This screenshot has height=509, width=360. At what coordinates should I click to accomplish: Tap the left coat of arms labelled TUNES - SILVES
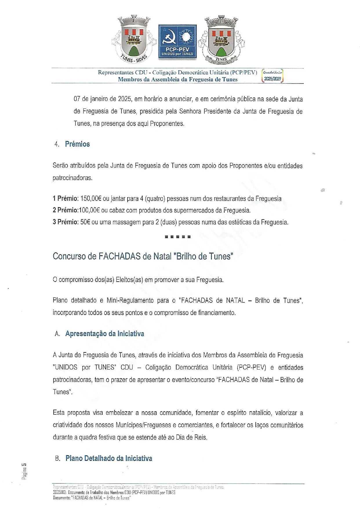click(x=133, y=39)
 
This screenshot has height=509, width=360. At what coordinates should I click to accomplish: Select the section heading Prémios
click(x=77, y=144)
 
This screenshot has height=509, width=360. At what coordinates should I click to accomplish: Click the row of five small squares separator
click(x=178, y=237)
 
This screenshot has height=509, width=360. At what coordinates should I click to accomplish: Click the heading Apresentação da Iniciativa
click(x=105, y=334)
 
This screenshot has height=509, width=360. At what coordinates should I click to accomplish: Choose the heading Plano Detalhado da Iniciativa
click(x=109, y=459)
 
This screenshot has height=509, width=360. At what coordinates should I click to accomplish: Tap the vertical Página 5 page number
click(x=24, y=471)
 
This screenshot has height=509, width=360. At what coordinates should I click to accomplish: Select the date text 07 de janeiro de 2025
click(x=103, y=99)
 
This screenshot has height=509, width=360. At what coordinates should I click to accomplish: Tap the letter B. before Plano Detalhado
click(x=58, y=459)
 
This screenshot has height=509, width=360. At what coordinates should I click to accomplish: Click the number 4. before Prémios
click(x=57, y=144)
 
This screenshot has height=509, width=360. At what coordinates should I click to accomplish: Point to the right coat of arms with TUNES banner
click(x=221, y=40)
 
